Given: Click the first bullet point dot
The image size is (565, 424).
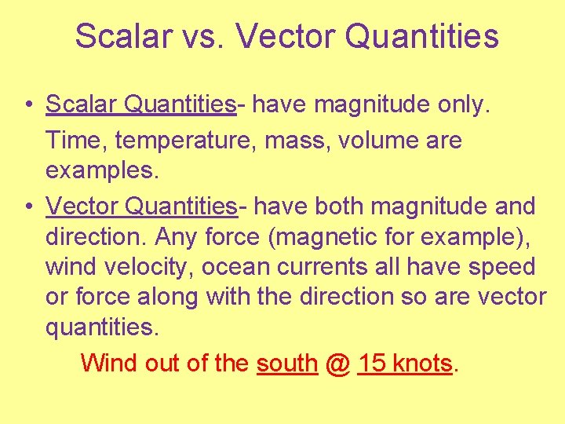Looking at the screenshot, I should pyautogui.click(x=27, y=104).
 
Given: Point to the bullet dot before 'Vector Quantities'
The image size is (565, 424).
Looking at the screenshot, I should pyautogui.click(x=27, y=207).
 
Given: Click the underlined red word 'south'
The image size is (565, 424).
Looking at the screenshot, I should pyautogui.click(x=286, y=363).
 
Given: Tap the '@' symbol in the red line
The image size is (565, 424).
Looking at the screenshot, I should pyautogui.click(x=337, y=363).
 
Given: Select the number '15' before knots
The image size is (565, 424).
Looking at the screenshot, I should pyautogui.click(x=371, y=363).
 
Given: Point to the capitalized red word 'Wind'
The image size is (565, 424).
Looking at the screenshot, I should pyautogui.click(x=108, y=363).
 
